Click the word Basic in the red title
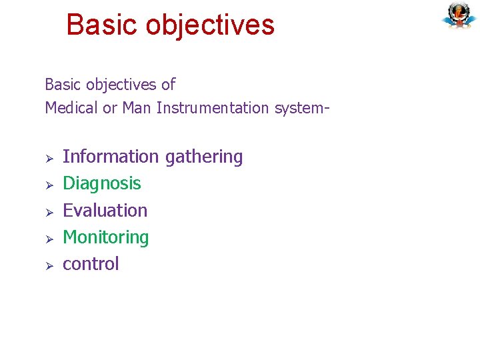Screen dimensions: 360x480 [103, 25]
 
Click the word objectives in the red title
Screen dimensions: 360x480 [210, 25]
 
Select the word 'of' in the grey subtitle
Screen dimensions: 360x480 [168, 85]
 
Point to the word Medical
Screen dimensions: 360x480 [71, 108]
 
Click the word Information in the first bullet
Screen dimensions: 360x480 [111, 157]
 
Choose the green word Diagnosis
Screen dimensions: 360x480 [101, 184]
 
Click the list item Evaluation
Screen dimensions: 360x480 [105, 211]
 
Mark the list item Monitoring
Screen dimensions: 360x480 [105, 238]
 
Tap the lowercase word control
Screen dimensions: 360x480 [91, 264]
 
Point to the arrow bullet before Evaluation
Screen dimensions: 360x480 [49, 212]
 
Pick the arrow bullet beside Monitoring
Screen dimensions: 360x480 [49, 239]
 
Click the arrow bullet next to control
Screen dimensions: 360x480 [49, 265]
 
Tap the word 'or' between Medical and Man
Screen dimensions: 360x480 [110, 108]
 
